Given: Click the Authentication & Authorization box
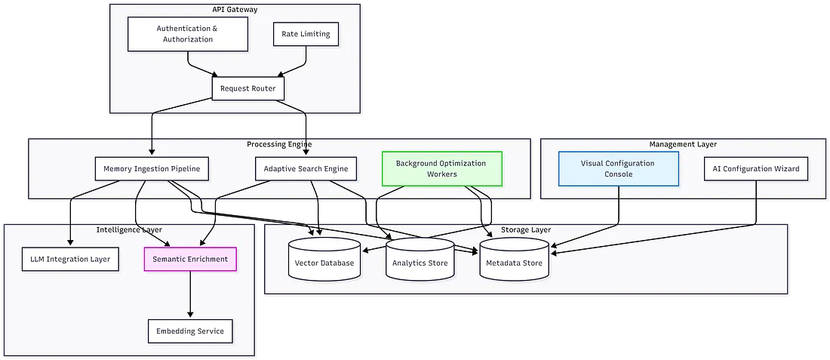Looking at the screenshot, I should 187,34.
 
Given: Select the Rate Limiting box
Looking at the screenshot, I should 305,34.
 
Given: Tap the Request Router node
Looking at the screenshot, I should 247,88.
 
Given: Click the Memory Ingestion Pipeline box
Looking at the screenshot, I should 152,168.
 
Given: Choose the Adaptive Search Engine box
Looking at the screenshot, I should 306,168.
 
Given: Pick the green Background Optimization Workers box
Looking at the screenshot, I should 441,168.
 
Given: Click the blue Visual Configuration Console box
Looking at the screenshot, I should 618,168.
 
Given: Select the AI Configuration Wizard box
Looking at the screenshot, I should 755,168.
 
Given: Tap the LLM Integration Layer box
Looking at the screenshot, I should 70,260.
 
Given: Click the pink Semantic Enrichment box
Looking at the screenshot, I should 190,260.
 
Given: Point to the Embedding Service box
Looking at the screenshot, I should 190,331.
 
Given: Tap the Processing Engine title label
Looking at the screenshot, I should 279,144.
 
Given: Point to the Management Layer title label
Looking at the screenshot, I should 683,144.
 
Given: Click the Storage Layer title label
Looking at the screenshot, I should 526,229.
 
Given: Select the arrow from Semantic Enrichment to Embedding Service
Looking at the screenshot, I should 190,294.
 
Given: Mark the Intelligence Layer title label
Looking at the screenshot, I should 129,229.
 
